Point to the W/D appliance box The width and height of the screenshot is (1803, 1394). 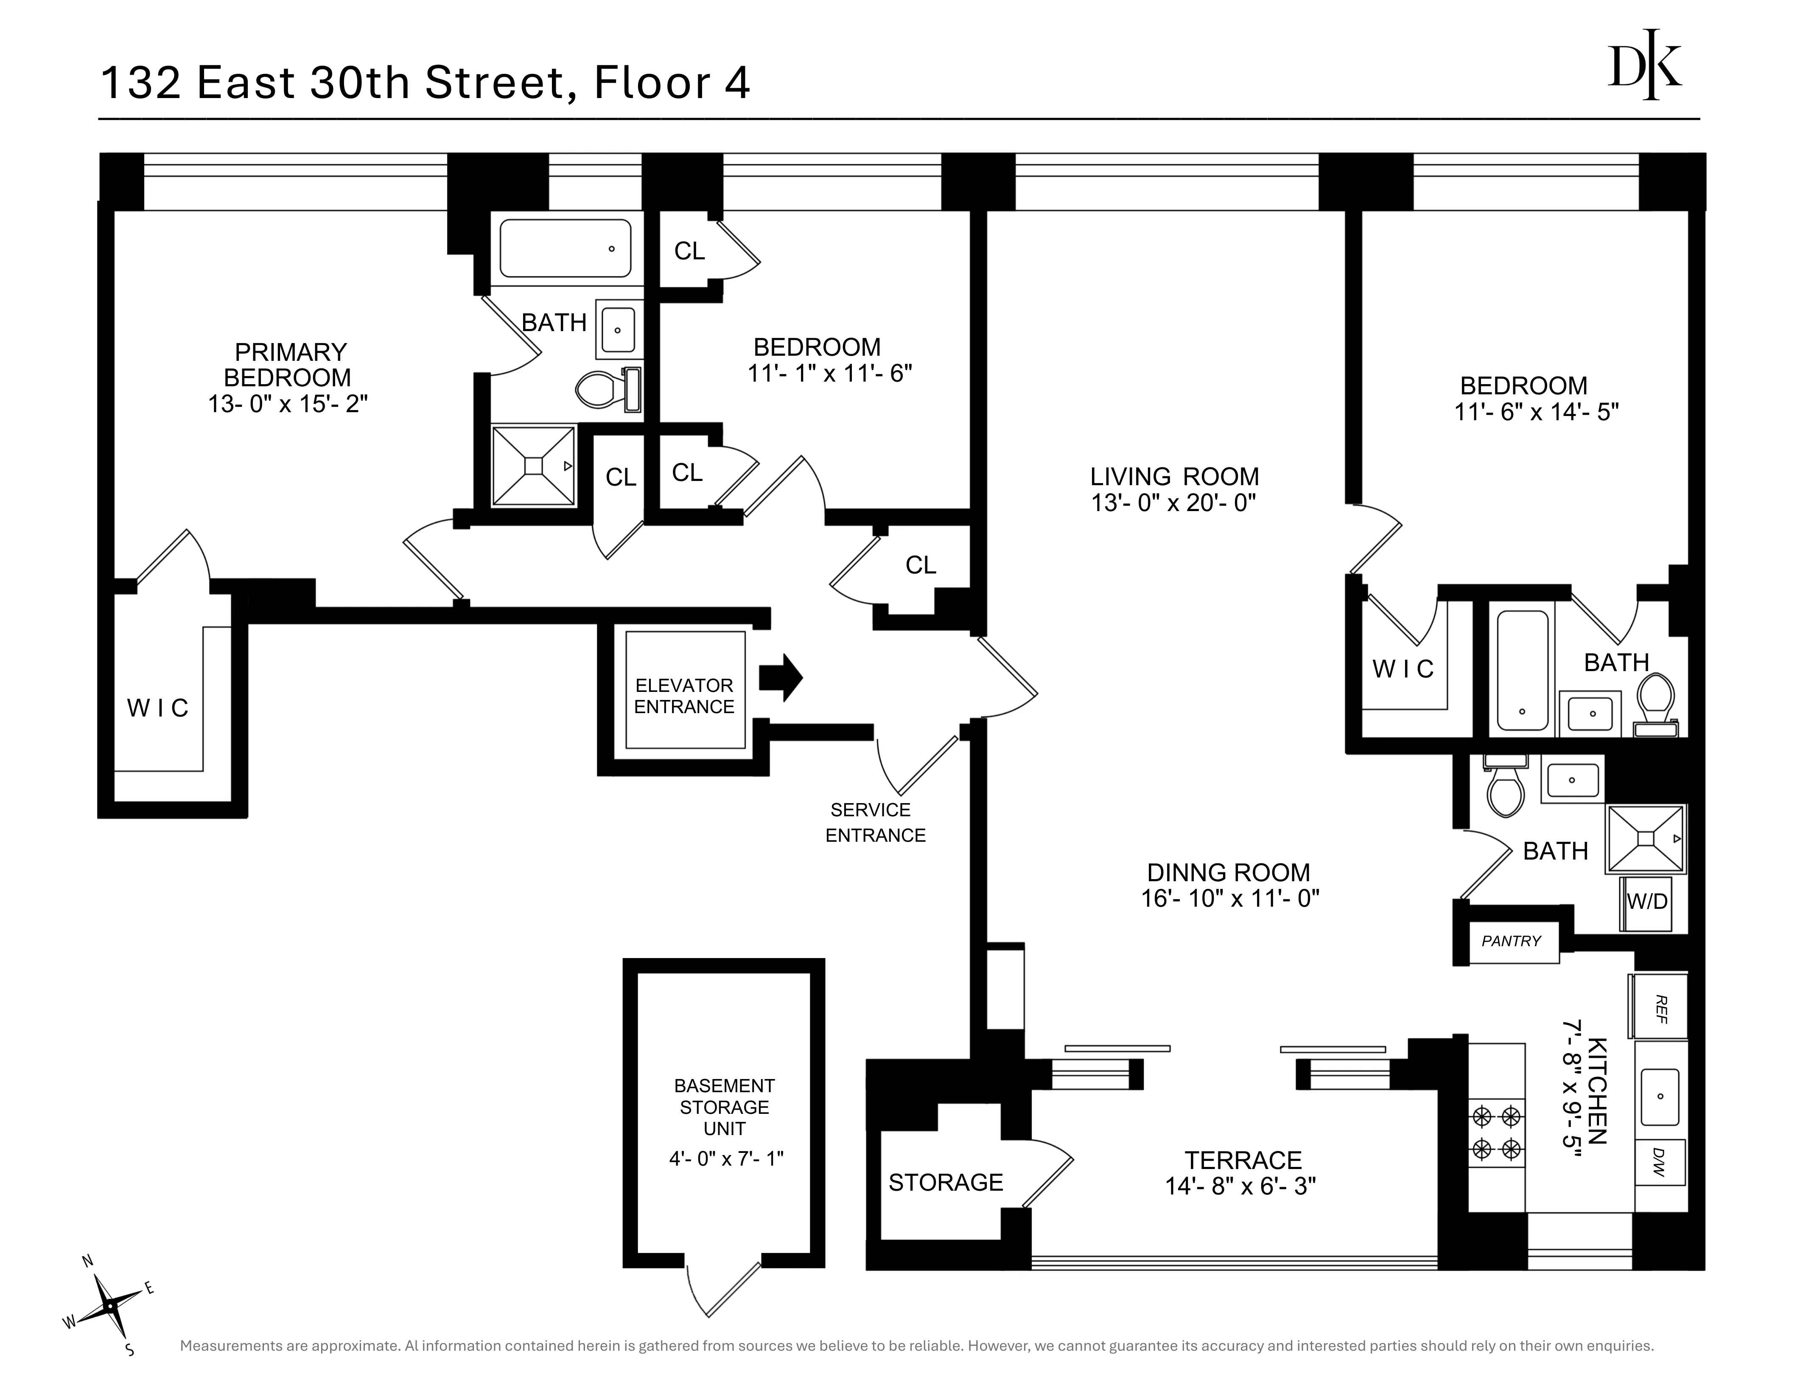coord(1647,902)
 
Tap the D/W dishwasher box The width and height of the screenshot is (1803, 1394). coord(1659,1162)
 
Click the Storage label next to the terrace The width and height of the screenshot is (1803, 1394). coord(945,1183)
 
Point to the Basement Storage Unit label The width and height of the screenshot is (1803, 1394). coord(724,1107)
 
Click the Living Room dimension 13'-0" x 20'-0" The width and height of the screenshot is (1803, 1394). coord(1173,503)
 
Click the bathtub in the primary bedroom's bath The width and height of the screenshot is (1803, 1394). coord(566,248)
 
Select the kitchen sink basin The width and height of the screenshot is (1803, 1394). coord(1659,1097)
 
